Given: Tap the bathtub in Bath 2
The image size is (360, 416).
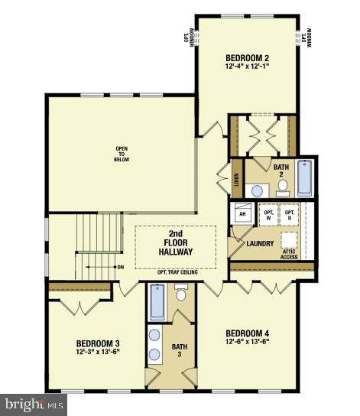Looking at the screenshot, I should (304, 177).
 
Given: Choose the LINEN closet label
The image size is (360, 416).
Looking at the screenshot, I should (236, 183).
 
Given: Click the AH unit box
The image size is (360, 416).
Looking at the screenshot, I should (242, 215).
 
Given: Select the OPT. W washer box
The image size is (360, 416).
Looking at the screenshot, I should (269, 215).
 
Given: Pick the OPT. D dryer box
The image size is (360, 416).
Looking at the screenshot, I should (290, 215).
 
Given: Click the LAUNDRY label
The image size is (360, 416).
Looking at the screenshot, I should (260, 244).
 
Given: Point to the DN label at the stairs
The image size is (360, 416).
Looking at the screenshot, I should (119, 267).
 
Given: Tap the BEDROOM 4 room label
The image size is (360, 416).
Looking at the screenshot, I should (248, 333).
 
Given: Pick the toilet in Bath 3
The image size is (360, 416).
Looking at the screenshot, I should (181, 294).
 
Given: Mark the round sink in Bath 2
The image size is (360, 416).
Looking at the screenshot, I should (258, 190).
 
